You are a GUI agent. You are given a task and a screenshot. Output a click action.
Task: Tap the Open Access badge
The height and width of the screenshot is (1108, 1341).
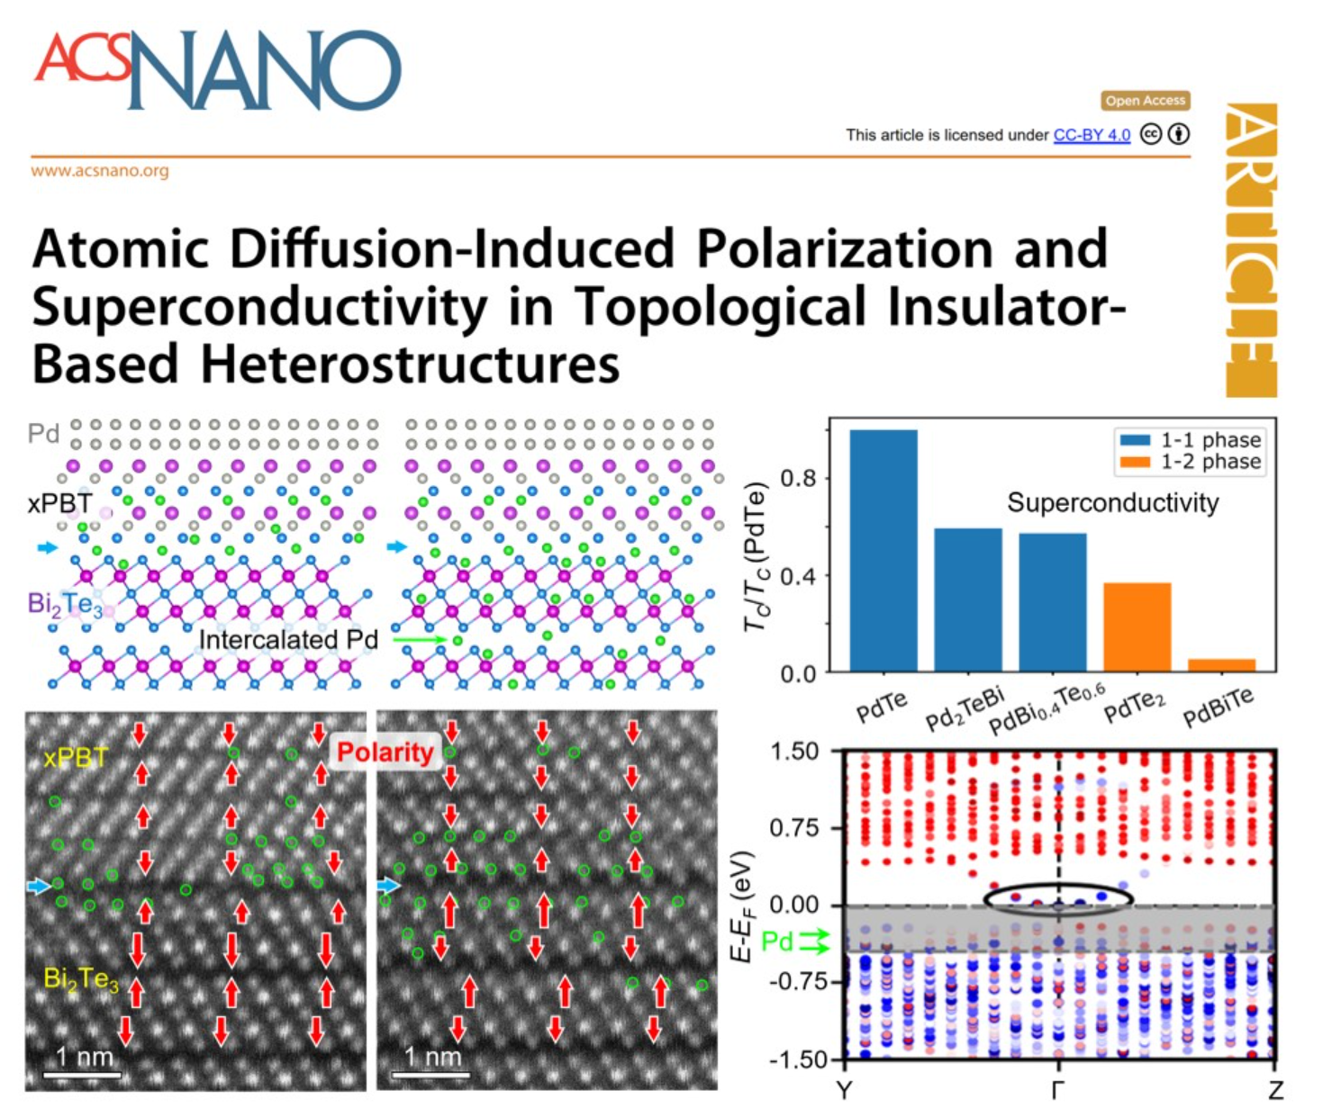coord(1145,101)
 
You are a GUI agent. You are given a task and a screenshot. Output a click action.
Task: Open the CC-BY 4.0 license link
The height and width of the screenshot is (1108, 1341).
coord(1092,135)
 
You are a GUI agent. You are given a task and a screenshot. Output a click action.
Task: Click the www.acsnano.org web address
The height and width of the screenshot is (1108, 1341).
coord(100,170)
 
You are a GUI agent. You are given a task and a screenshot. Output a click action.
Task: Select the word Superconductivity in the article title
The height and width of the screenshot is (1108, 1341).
coord(259,307)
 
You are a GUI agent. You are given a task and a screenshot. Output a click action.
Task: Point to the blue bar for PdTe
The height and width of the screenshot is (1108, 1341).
coord(883,550)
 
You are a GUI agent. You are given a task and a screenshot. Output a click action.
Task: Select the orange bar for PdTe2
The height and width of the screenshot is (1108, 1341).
coord(1137,626)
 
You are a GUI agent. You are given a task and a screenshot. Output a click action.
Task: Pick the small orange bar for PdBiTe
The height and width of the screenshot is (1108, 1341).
coord(1221,665)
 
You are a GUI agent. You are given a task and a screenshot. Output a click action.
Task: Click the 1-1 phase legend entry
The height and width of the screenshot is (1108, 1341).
coord(1188,440)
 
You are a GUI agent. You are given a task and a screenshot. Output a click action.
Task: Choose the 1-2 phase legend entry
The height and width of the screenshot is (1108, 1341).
coord(1188,462)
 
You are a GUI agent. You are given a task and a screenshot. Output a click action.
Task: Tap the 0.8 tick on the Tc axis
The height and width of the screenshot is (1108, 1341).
coord(798,478)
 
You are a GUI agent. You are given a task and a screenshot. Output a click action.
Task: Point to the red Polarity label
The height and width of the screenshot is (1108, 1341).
coord(385,752)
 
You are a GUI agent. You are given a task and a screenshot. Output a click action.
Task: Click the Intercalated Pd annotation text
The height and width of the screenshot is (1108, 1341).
coord(288,640)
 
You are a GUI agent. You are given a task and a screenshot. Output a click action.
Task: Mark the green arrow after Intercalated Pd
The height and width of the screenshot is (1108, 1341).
coord(420,640)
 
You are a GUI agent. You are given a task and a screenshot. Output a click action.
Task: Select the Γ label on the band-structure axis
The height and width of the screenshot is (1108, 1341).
coord(1058,1090)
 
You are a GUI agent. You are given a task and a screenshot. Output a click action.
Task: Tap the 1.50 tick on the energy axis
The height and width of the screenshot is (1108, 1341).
coord(794,752)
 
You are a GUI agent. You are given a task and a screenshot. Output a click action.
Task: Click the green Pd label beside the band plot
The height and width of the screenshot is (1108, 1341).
coord(777,941)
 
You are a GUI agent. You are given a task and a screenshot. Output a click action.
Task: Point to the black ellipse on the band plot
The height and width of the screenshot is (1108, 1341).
coord(1057,899)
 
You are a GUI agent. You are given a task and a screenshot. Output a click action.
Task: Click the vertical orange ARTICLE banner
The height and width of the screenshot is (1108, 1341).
coord(1251,250)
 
